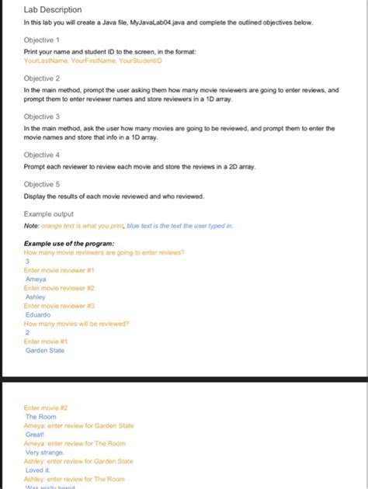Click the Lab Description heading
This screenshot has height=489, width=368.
click(53, 9)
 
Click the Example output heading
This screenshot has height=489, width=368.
click(49, 213)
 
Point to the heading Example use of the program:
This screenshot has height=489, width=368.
click(75, 243)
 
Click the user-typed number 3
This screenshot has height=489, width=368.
click(28, 261)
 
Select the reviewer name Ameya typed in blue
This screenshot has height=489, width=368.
click(36, 279)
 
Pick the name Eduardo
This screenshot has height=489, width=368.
click(38, 314)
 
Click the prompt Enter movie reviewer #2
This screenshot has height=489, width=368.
click(60, 288)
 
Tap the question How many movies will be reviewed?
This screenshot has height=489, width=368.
click(77, 324)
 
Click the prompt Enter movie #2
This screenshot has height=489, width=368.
click(47, 407)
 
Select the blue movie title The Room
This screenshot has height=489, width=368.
click(41, 416)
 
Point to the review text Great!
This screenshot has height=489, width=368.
click(35, 435)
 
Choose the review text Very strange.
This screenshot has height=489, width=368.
click(45, 453)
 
